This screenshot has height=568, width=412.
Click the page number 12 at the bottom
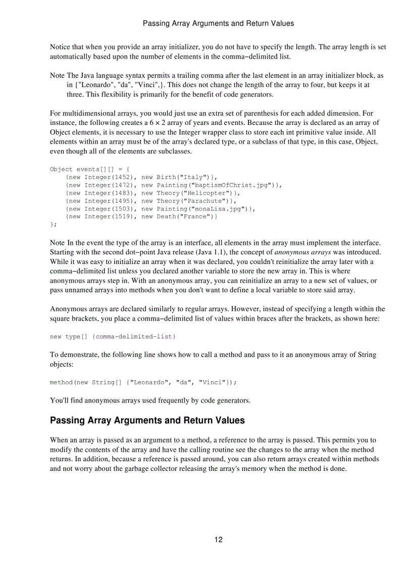click(218, 540)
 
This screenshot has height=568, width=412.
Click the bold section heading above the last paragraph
click(147, 420)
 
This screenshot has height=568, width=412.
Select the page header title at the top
click(218, 23)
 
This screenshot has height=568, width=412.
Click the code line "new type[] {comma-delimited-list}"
click(113, 336)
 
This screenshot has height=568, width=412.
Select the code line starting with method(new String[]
click(143, 382)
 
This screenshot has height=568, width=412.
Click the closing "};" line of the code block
click(53, 225)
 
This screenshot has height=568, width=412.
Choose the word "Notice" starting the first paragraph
click(60, 47)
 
